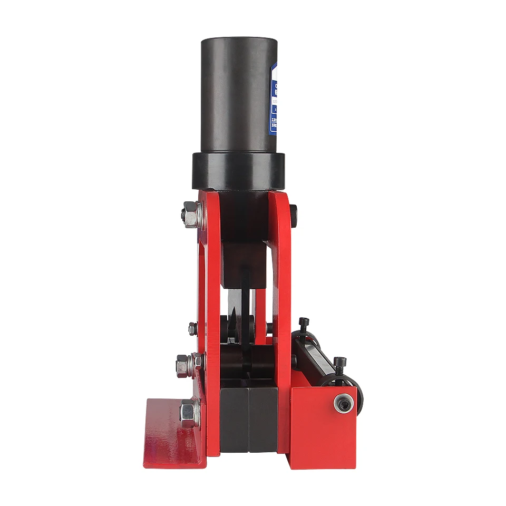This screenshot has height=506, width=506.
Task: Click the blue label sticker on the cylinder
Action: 273,100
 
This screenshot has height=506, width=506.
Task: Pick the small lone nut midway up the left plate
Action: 192,328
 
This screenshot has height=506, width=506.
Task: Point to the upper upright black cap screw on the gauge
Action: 304,323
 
